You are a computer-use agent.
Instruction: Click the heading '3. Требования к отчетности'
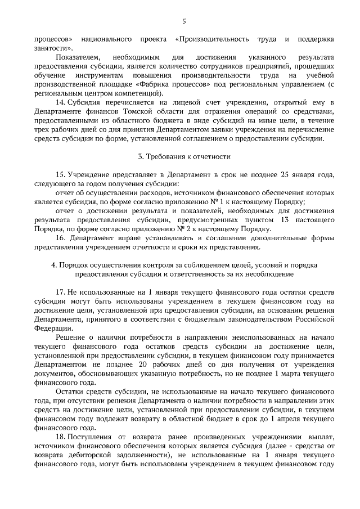[180, 155]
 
